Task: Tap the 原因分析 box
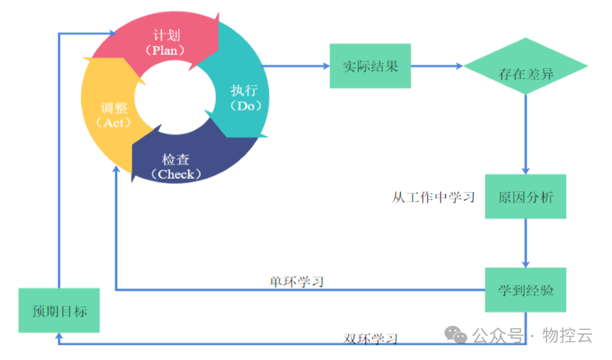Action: point(526,197)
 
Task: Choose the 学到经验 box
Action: point(526,290)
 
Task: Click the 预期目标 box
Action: point(59,310)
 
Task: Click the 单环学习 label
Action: point(296,281)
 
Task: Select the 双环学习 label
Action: point(370,339)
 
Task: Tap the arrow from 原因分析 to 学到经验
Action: point(526,242)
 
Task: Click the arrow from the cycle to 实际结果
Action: point(296,66)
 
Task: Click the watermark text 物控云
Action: point(568,336)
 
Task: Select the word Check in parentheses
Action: point(177,174)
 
